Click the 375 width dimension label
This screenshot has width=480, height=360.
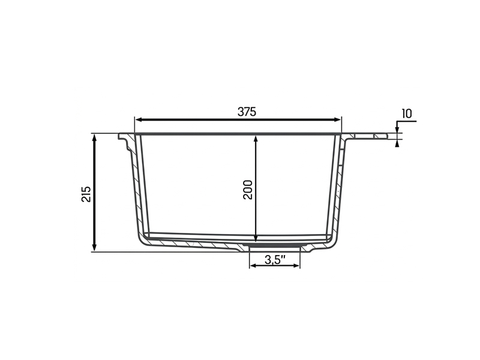point(247,112)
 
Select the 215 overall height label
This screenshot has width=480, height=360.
point(86,194)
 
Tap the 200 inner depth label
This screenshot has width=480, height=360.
point(248,190)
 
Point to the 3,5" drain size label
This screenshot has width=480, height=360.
point(275,260)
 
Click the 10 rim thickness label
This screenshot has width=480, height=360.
point(407,113)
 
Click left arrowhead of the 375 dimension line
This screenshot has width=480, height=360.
point(139,119)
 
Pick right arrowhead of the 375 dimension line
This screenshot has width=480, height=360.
point(337,119)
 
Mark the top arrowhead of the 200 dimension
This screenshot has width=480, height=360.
point(256,139)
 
